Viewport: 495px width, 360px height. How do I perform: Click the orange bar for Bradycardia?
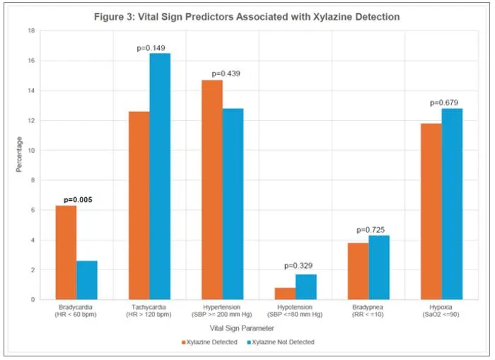click(66, 252)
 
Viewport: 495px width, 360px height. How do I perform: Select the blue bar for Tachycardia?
click(160, 177)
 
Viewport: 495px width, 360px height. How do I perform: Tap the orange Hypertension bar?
click(212, 190)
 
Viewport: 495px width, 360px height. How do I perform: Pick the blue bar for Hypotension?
click(306, 287)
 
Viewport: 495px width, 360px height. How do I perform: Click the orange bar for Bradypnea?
click(359, 272)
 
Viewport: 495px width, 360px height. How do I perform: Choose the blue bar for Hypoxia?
click(452, 204)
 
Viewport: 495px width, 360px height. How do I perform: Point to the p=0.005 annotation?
click(78, 200)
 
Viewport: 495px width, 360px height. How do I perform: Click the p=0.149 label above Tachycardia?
click(151, 48)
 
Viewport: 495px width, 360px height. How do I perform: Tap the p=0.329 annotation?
click(298, 266)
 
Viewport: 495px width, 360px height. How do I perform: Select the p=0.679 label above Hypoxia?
click(444, 103)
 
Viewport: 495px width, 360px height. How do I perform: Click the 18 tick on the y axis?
click(31, 30)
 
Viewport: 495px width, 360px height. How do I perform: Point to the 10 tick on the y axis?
click(31, 151)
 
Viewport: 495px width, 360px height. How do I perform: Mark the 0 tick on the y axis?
click(33, 299)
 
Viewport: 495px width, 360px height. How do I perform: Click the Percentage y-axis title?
click(19, 154)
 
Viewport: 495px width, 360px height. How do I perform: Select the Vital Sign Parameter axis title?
click(242, 328)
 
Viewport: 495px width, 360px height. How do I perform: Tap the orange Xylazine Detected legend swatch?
click(183, 342)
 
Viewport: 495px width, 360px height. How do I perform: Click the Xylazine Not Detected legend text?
click(283, 342)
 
